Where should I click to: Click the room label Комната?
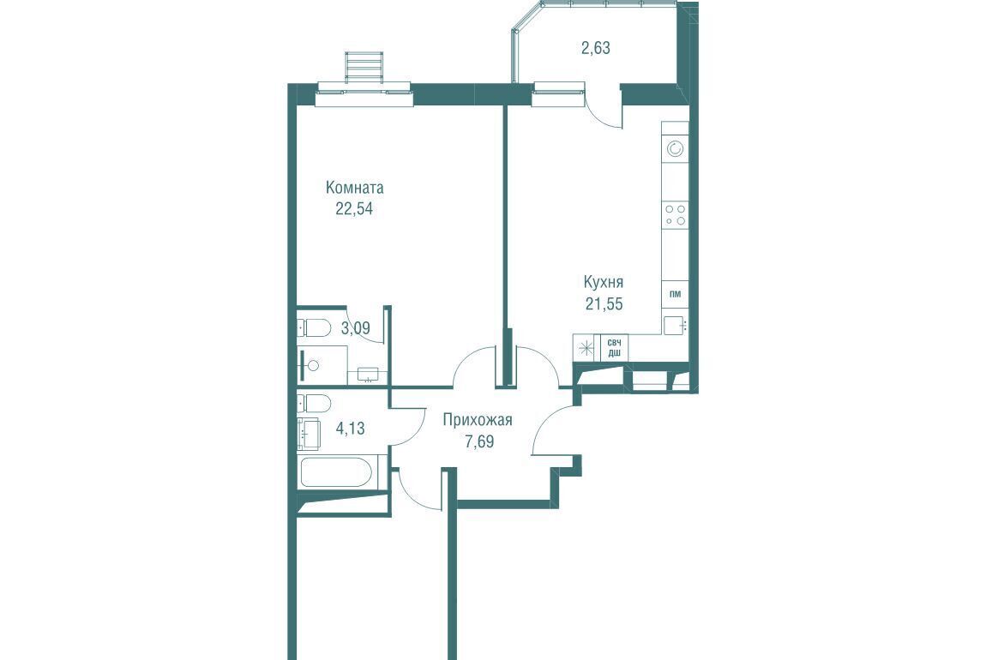tap(355, 188)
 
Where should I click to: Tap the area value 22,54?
tap(354, 208)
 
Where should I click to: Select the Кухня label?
tap(603, 282)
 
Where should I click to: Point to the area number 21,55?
tap(604, 303)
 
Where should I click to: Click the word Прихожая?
tap(478, 420)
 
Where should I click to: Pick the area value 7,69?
tap(479, 441)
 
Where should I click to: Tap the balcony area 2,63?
tap(596, 48)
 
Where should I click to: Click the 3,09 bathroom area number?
tap(355, 328)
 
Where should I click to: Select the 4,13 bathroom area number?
tap(351, 429)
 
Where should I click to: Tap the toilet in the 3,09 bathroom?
tap(314, 327)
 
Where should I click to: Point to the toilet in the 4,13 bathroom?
tap(313, 402)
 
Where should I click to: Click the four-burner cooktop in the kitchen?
tap(676, 214)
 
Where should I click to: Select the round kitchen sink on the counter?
tap(676, 149)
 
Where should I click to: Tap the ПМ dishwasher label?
tap(676, 294)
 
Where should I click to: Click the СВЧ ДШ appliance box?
tap(615, 348)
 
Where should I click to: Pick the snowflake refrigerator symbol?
tap(586, 348)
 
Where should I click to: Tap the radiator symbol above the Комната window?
tap(364, 67)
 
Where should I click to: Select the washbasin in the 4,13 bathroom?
tap(310, 434)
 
